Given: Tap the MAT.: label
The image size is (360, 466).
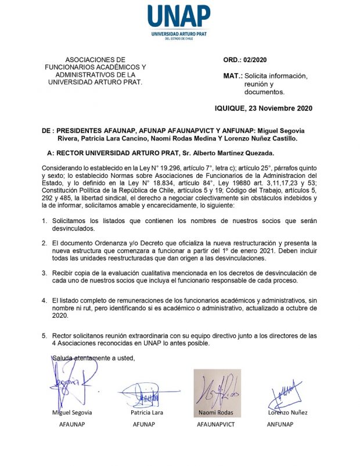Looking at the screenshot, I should (233, 76).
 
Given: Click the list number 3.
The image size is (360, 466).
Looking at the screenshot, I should (45, 273).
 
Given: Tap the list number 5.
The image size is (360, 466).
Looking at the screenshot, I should (45, 336).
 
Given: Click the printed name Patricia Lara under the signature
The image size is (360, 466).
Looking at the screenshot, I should (147, 413).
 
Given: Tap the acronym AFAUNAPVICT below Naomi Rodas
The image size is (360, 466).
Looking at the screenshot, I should (217, 424).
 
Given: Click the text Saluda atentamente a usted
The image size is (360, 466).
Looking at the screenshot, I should (93, 357).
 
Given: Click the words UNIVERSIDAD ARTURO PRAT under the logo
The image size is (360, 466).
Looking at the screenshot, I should (179, 35).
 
